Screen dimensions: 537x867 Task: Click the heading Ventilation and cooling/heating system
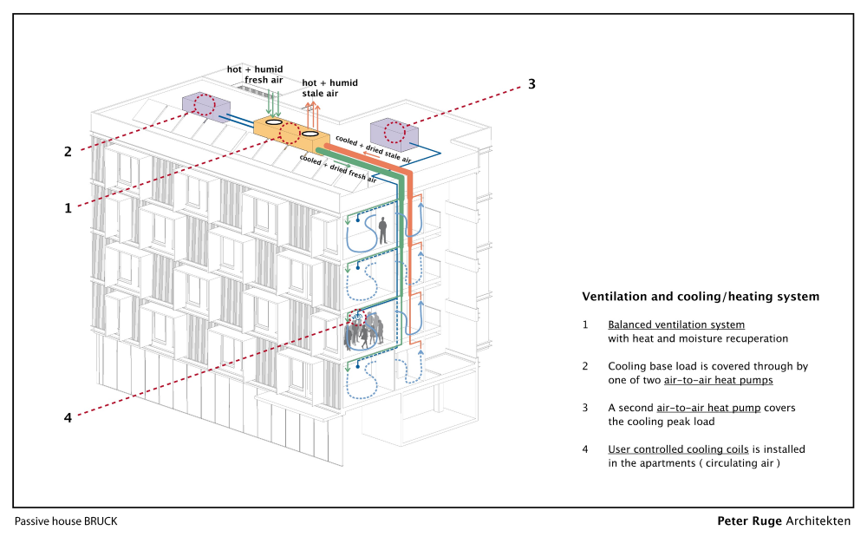[x=701, y=297]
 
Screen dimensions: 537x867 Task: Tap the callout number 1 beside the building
[x=68, y=208]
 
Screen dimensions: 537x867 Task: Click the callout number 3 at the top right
[x=531, y=84]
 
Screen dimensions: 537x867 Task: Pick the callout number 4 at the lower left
[x=68, y=417]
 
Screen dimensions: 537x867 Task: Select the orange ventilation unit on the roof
[x=291, y=133]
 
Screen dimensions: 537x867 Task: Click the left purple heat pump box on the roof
[x=205, y=105]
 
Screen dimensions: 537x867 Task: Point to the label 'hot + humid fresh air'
[x=255, y=75]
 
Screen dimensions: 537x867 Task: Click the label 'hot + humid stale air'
[x=329, y=88]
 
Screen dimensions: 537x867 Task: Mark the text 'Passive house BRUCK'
[x=66, y=521]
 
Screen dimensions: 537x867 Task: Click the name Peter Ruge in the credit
[x=749, y=521]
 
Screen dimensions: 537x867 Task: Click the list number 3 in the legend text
[x=585, y=408]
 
